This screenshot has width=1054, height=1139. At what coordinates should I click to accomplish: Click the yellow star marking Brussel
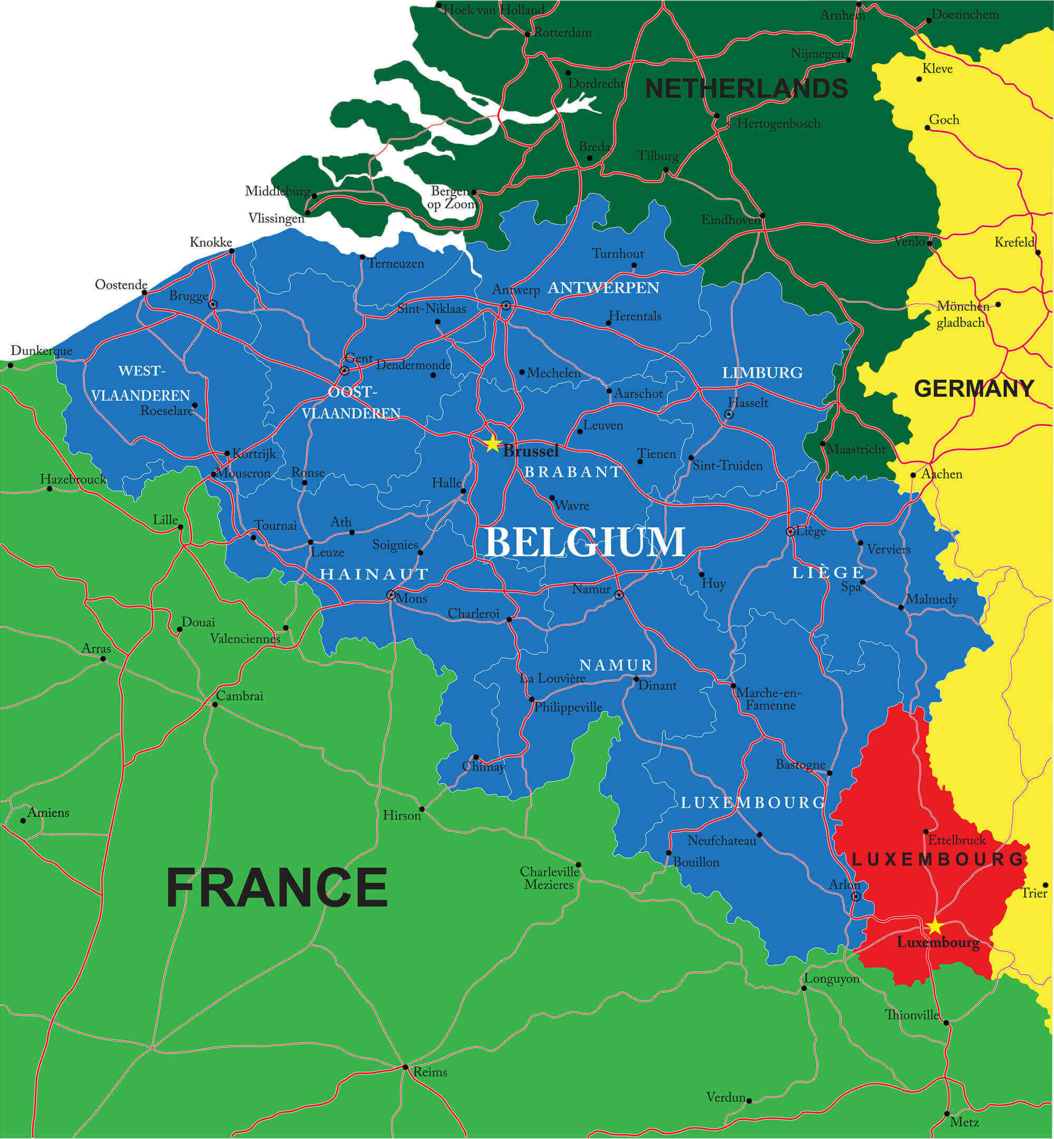coord(492,444)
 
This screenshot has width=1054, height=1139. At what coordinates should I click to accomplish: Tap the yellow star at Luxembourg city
coord(935,927)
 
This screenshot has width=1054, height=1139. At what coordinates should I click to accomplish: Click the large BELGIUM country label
coord(584,542)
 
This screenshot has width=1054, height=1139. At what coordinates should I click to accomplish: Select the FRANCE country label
coord(277,888)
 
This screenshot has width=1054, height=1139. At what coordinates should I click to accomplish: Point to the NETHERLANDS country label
coord(746,89)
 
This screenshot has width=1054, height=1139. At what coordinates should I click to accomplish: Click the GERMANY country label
coord(973,389)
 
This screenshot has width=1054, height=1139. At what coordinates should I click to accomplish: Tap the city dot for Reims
coord(405,1067)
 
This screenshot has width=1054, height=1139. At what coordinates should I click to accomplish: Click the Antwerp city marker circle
coord(506,306)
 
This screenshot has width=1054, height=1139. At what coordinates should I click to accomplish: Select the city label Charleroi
coord(473,614)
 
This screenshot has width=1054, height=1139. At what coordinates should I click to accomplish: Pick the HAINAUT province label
coord(374,575)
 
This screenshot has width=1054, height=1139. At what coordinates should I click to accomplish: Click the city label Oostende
coord(121,285)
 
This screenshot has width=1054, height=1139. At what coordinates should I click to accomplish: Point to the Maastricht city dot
coord(823,443)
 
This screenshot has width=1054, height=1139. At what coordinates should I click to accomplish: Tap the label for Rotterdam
coord(562,33)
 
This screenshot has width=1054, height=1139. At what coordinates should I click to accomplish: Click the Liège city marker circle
coord(790,532)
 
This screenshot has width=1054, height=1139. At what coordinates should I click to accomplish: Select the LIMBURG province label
coord(762,373)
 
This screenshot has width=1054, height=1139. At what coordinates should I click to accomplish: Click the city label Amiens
coord(48,813)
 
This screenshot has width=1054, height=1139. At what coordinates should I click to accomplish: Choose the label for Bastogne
coord(800,765)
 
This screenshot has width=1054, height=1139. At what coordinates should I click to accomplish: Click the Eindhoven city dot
coord(763,216)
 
